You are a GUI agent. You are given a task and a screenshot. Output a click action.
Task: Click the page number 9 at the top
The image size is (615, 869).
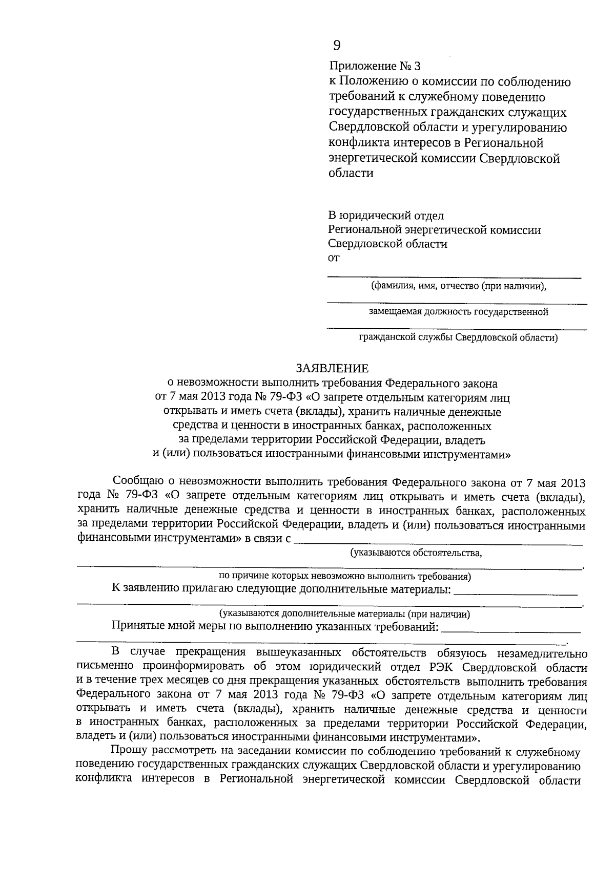click(x=336, y=46)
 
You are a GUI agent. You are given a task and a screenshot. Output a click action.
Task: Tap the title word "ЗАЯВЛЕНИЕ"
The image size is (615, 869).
click(x=332, y=368)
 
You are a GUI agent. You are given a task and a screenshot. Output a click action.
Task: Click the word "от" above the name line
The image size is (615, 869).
click(x=333, y=258)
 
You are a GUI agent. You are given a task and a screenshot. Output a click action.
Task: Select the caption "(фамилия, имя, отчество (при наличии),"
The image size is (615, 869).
click(x=459, y=286)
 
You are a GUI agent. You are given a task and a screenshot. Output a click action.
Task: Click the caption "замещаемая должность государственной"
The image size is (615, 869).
click(x=458, y=312)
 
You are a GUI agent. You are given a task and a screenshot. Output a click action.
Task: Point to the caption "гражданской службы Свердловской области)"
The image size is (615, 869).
click(x=458, y=337)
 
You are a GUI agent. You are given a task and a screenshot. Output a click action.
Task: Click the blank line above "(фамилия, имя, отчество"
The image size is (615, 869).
click(x=454, y=277)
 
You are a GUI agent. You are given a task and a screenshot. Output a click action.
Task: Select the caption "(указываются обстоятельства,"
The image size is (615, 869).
click(x=416, y=553)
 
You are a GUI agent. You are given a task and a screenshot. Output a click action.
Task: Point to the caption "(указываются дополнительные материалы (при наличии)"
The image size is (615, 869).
click(x=344, y=614)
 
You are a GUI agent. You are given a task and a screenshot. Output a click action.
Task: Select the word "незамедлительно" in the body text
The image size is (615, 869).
click(x=542, y=654)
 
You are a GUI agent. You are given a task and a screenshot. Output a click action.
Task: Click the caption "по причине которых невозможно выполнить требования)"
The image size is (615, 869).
click(x=344, y=577)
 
